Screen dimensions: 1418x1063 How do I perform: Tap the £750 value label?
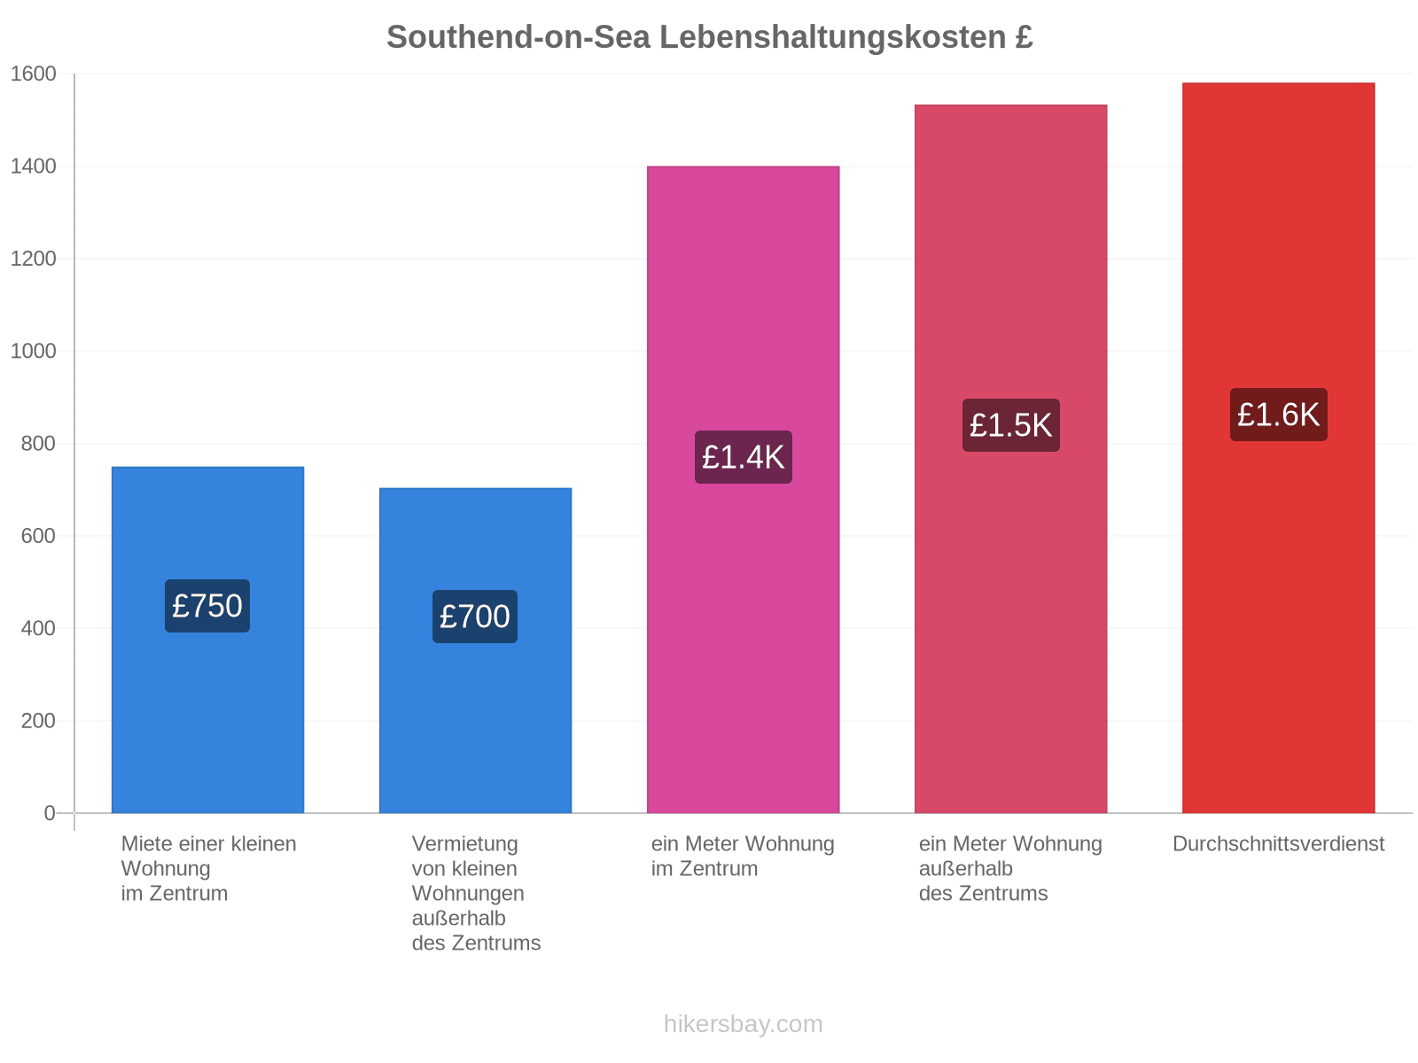[x=206, y=605]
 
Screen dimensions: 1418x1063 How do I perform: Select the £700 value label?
[x=475, y=617]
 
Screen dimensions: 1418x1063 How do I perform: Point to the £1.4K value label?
[x=743, y=457]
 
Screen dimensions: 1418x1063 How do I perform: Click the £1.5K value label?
[x=1010, y=424]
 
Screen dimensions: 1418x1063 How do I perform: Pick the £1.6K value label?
[x=1278, y=415]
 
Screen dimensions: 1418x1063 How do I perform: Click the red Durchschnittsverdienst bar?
[x=1278, y=447]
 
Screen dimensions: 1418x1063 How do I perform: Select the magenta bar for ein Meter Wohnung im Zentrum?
[x=743, y=489]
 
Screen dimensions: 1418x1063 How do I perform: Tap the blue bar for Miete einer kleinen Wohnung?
[x=207, y=640]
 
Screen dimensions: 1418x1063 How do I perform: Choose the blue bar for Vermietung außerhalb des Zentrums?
[x=475, y=650]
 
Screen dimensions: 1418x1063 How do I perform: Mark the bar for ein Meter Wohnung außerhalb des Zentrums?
[x=1010, y=458]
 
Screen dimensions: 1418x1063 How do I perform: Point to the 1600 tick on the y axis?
[x=33, y=74]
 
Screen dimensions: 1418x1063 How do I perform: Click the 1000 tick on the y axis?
[x=33, y=351]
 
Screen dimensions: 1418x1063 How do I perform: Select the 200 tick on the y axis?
[x=38, y=720]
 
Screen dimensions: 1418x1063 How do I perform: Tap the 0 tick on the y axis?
[x=49, y=812]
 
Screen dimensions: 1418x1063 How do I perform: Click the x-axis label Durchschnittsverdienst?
[x=1278, y=843]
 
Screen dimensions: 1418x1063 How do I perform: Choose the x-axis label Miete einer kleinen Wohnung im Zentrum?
[x=208, y=868]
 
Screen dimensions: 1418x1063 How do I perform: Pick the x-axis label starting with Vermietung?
[x=475, y=893]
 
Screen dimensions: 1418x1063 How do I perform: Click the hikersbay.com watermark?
[x=743, y=1024]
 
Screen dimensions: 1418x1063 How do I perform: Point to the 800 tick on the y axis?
[x=38, y=444]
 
